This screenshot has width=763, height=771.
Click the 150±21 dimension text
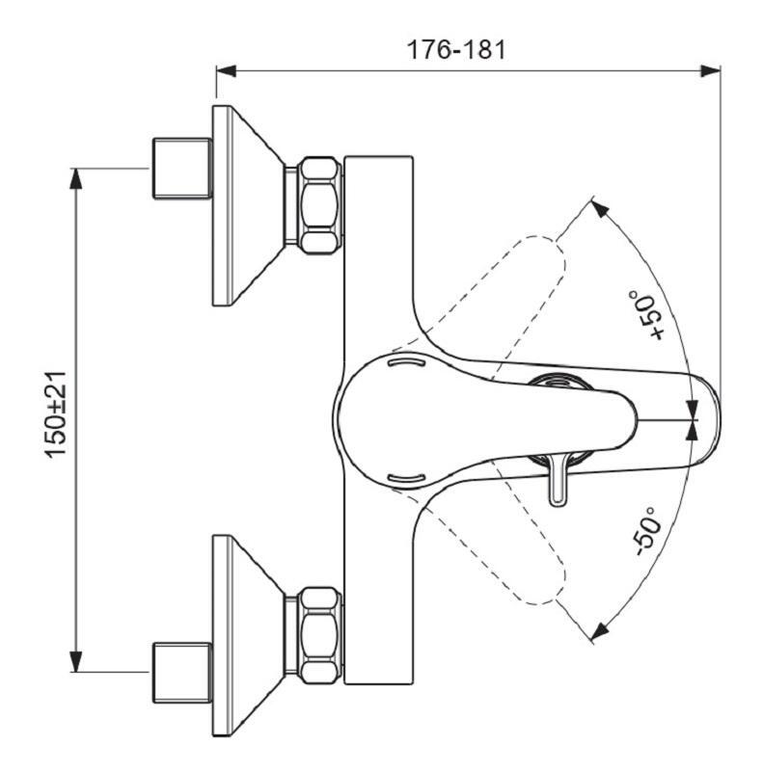pyautogui.click(x=57, y=417)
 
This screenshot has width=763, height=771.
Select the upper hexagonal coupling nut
pyautogui.click(x=317, y=205)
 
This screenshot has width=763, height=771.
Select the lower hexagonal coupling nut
pyautogui.click(x=317, y=633)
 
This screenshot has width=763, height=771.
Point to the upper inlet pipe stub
pyautogui.click(x=181, y=169)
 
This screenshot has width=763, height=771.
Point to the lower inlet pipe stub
pyautogui.click(x=181, y=671)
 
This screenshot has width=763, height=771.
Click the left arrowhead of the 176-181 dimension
pyautogui.click(x=226, y=70)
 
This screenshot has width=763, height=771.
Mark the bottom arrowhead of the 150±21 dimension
pyautogui.click(x=76, y=663)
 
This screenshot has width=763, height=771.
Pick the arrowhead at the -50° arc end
pyautogui.click(x=599, y=631)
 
